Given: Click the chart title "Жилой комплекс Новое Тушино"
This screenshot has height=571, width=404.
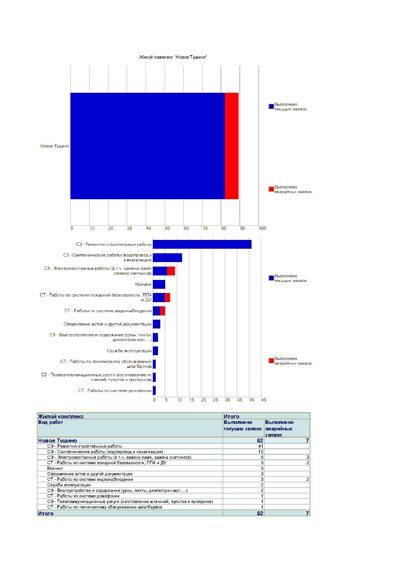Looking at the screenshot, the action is tap(173, 57).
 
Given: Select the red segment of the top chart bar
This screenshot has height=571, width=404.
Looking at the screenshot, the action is tap(232, 146).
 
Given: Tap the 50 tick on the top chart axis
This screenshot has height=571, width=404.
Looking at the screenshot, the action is tap(167, 228).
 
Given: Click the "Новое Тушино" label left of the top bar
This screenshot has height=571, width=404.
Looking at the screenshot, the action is tap(55, 146).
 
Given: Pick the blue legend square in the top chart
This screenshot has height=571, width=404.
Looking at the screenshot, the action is tap(271, 106).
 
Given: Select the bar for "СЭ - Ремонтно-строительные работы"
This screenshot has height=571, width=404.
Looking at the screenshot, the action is tap(202, 244).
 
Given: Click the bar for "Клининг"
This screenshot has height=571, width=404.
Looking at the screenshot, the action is tap(159, 284).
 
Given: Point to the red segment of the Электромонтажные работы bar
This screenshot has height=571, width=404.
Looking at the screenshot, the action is tap(171, 271).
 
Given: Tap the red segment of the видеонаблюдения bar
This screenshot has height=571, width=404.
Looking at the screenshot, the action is tap(163, 311).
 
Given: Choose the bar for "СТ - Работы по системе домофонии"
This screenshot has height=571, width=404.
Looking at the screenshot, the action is tap(154, 391).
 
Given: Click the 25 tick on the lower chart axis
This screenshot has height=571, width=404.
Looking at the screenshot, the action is tap(215, 400).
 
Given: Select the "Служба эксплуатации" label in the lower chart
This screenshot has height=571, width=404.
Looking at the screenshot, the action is tap(129, 351).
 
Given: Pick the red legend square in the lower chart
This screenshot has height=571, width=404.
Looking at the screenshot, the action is tap(271, 361).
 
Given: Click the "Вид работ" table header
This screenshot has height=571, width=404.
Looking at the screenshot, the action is tap(50, 422).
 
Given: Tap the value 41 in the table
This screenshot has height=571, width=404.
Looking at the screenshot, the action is tap(261, 446).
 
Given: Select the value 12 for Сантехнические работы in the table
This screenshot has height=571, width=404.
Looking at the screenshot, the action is tap(261, 452).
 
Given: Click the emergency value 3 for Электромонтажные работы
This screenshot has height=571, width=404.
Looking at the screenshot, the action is tap(308, 457).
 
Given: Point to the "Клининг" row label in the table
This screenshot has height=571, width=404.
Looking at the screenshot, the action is tap(55, 468).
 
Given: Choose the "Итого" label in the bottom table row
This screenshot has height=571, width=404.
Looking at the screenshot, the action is tap(46, 513).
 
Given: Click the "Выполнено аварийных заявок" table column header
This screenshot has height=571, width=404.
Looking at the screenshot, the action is tap(279, 428).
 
